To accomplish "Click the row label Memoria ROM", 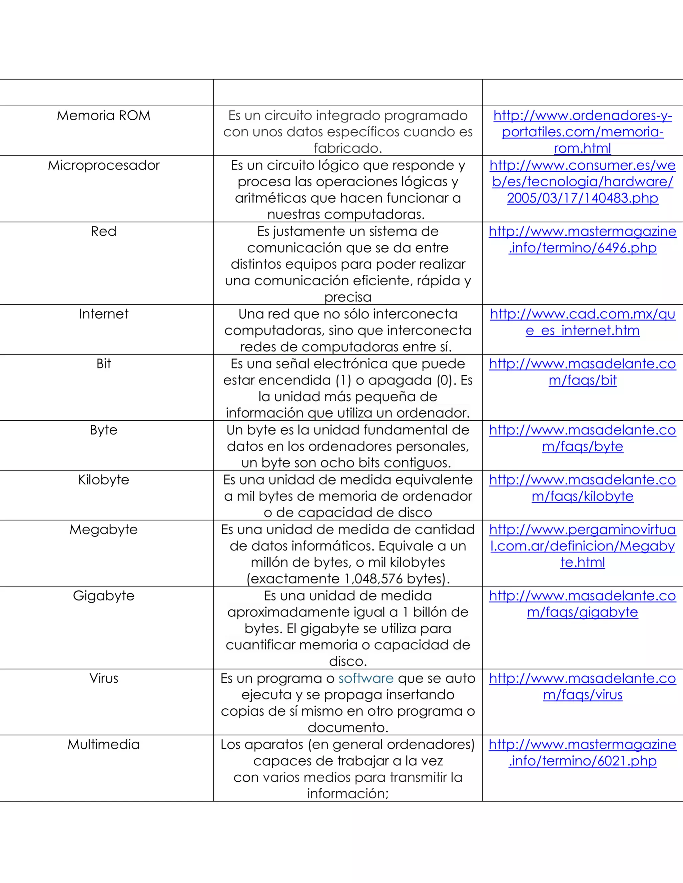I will [x=104, y=116].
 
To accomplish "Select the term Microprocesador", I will [x=104, y=165].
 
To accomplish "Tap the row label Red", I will [x=104, y=231].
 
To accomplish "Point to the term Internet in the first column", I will [x=104, y=314].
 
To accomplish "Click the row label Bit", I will [x=104, y=364].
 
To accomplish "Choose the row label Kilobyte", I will [x=104, y=480].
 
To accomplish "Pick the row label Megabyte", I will [x=104, y=530].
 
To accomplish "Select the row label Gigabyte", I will [x=104, y=596].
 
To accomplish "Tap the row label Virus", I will [x=104, y=678].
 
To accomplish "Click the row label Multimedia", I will [x=104, y=745].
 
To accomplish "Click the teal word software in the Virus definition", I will [x=366, y=678].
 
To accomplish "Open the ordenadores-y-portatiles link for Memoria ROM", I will [x=583, y=132].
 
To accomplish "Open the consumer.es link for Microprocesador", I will [x=583, y=182].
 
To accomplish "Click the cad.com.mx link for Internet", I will [x=583, y=322].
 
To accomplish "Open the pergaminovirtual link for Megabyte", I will [x=583, y=546].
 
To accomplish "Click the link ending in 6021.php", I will [x=583, y=753].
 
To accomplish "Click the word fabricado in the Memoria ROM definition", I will [x=348, y=148].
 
